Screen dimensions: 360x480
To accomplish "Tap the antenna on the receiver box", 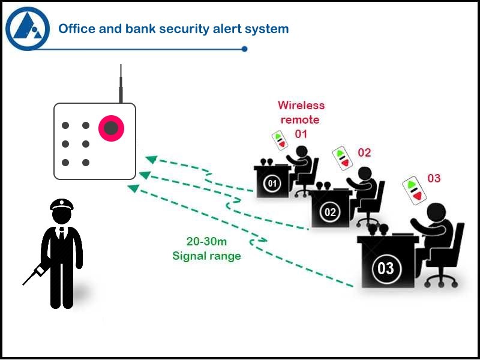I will point(121,83).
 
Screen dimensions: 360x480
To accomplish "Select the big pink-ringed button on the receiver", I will point(111,127).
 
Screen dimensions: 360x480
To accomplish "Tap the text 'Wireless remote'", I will point(301,112).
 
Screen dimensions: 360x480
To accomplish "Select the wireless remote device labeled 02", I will point(341,158).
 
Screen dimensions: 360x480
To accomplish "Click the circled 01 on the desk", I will point(272,183).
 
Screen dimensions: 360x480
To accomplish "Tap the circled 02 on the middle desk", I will point(329,212).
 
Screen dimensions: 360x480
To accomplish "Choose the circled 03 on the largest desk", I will point(385,268).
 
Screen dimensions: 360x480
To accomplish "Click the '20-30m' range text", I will point(206,242).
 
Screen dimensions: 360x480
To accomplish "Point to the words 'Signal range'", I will point(206,256).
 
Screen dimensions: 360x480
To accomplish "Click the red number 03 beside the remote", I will point(434,178).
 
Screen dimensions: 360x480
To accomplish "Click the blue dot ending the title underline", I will point(244,49).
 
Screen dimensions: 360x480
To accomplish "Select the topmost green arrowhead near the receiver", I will point(152,160).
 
